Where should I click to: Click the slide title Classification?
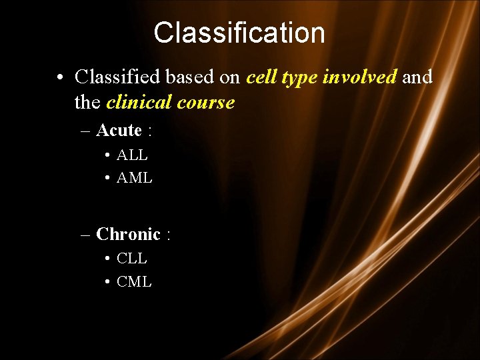(x=239, y=33)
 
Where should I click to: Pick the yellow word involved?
(x=359, y=77)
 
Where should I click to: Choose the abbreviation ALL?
(x=132, y=155)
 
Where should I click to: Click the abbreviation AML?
(x=134, y=178)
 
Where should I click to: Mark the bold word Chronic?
(x=128, y=234)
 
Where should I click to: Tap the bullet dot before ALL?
(x=107, y=156)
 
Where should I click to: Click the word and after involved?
(x=417, y=77)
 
